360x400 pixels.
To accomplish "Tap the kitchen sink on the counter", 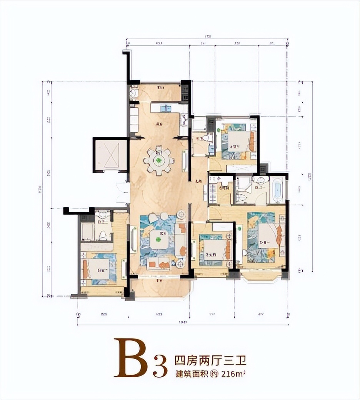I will click(165, 108).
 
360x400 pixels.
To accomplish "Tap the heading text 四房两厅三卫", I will click(210, 361).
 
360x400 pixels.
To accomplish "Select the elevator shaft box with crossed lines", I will click(110, 155).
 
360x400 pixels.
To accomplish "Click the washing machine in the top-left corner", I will click(133, 93).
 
